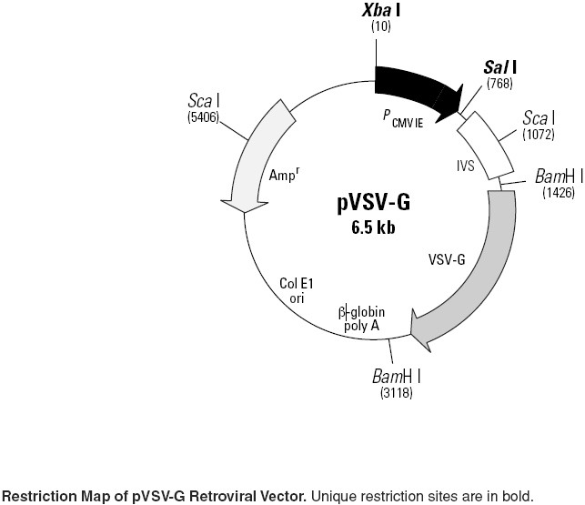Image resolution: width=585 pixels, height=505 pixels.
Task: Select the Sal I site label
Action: [x=500, y=67]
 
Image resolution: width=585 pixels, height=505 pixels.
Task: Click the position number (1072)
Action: [x=540, y=135]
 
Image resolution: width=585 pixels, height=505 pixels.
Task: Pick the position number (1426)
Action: [x=557, y=192]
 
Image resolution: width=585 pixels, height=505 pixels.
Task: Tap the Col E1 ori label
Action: [x=297, y=289]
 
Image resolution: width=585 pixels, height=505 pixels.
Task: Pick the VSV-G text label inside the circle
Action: [x=447, y=258]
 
